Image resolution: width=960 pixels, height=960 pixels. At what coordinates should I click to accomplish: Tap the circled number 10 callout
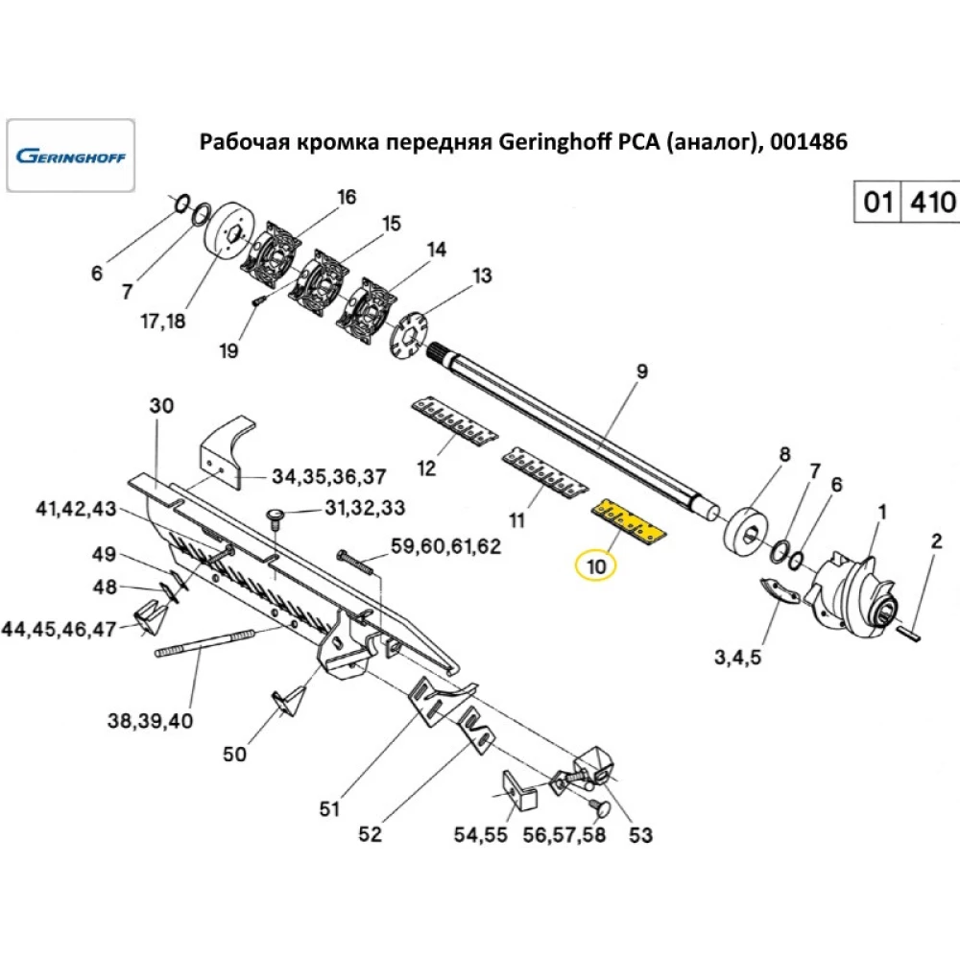coord(596,565)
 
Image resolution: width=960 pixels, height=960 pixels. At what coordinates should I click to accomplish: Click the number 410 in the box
coord(932,203)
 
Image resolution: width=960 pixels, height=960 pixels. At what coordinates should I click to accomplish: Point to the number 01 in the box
coord(877,203)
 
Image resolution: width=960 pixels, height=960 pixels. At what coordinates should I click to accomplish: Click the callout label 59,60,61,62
coord(445,547)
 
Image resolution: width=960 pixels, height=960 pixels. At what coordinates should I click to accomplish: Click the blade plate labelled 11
coord(542,470)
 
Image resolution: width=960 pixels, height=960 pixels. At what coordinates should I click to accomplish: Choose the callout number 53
coord(639,834)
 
